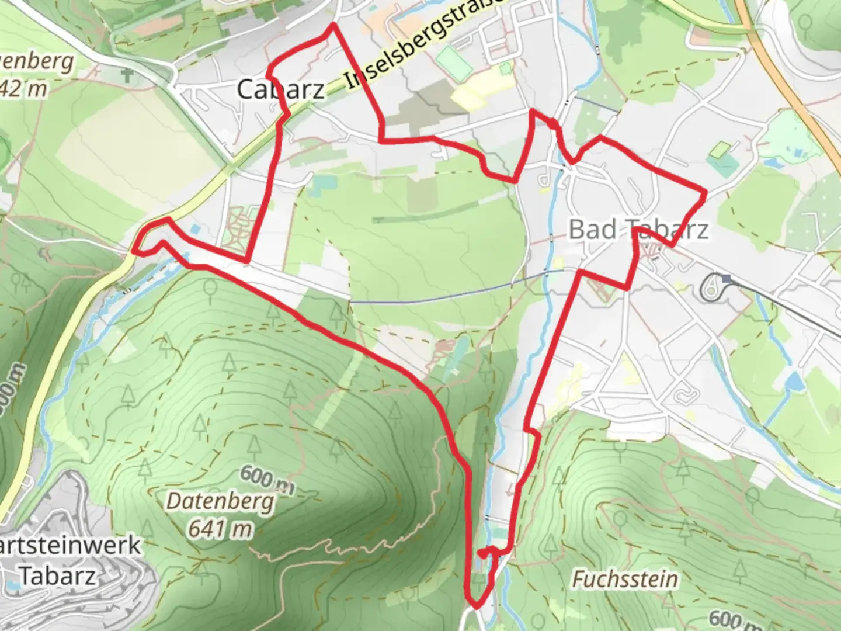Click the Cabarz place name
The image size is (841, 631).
281,89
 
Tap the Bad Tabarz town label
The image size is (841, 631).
639,229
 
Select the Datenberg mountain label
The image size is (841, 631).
220,501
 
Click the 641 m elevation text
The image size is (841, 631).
220,529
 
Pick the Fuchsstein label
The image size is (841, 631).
625,579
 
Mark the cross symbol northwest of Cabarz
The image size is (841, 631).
127,75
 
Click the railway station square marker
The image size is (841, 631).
726,279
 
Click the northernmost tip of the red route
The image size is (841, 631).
333,25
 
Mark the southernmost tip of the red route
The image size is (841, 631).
476,606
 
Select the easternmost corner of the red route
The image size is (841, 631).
706,192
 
